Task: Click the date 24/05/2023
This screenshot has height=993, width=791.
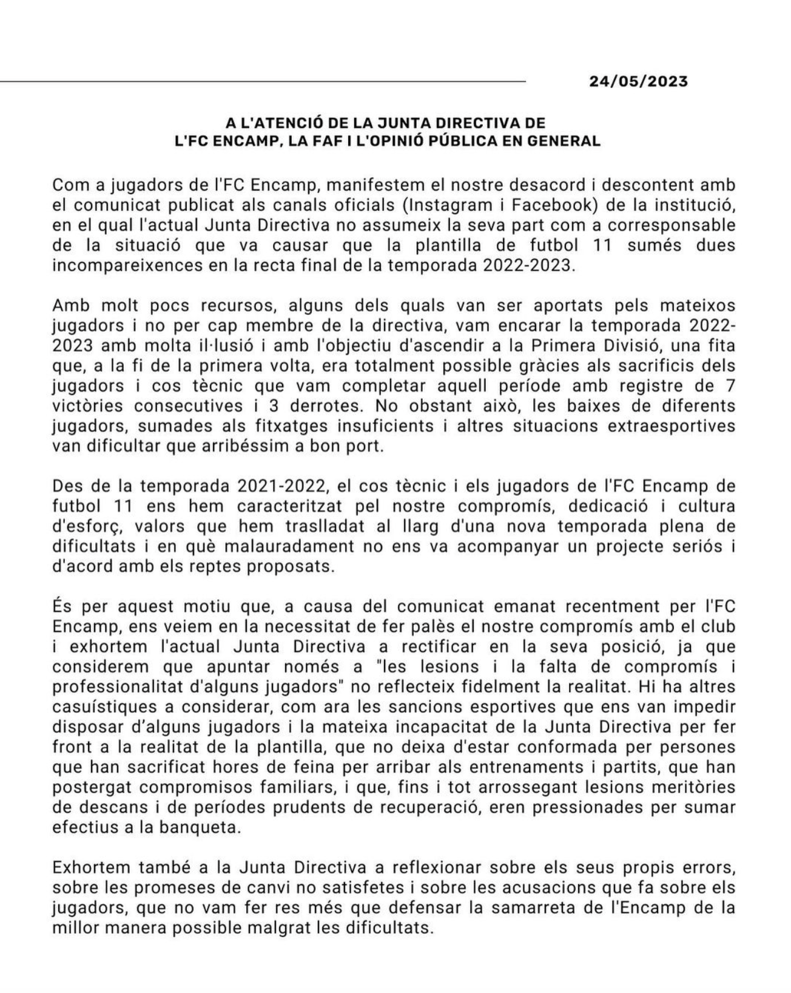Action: [639, 81]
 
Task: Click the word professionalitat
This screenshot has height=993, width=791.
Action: [115, 686]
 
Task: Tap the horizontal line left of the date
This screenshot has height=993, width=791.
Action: [261, 81]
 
